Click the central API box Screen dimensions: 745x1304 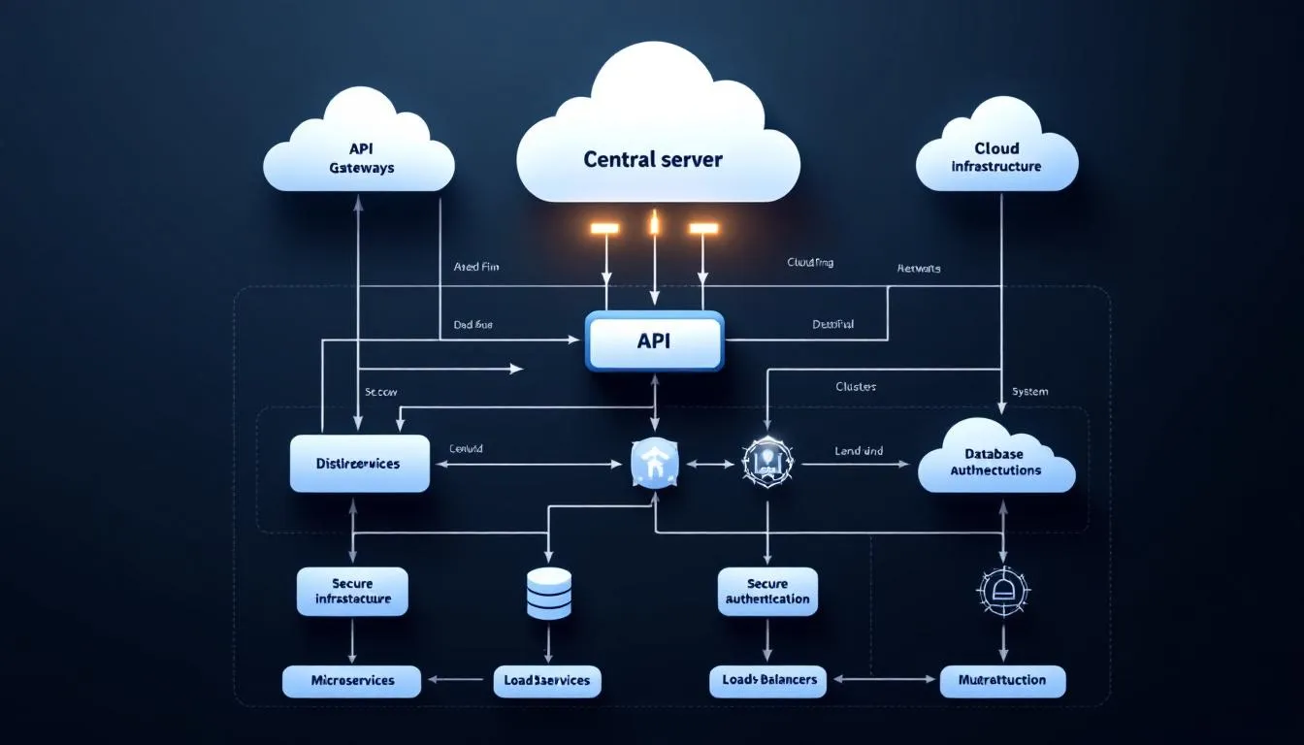[x=655, y=341]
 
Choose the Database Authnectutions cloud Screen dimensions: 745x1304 [x=995, y=462]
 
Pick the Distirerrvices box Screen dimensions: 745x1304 [x=359, y=464]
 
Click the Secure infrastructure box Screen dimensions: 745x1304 [x=352, y=591]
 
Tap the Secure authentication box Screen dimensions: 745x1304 [x=767, y=591]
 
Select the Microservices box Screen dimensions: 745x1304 [x=352, y=680]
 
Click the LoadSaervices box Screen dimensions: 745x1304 [x=547, y=680]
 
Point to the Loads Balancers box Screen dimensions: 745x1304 [x=769, y=680]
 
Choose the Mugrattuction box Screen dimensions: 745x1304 [x=1002, y=681]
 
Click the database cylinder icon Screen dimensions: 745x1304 [x=548, y=594]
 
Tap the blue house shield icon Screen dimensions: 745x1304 [x=655, y=463]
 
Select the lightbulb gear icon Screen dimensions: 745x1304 [x=767, y=463]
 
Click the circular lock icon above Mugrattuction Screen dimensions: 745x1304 [x=1002, y=589]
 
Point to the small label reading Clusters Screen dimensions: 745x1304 [x=855, y=386]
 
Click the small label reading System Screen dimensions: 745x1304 [x=1029, y=391]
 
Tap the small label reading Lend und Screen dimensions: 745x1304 [x=859, y=451]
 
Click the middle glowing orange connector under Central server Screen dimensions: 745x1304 [x=655, y=225]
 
